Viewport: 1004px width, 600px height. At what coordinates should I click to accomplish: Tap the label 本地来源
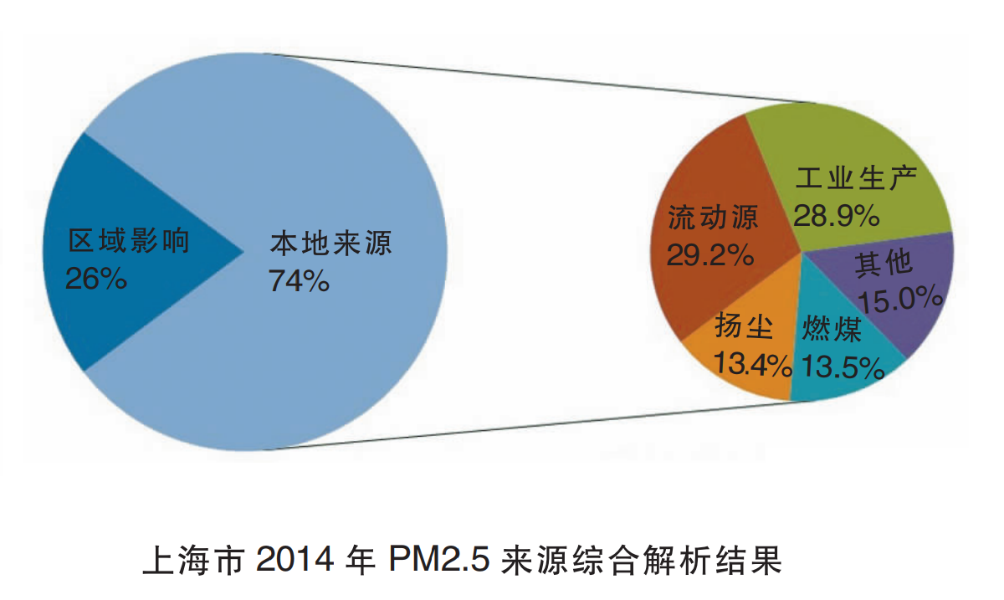(x=330, y=245)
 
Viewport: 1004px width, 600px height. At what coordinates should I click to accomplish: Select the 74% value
(x=299, y=281)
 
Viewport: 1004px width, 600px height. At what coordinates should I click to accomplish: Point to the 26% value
(x=96, y=278)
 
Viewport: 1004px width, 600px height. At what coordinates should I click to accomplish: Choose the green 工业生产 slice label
(x=856, y=179)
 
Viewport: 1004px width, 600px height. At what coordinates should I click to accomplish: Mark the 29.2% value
(x=711, y=255)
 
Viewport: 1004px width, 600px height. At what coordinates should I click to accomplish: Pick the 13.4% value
(x=752, y=365)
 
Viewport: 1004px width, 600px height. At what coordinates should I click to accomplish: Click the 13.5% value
(x=843, y=367)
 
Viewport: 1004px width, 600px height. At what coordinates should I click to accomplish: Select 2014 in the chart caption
(x=294, y=560)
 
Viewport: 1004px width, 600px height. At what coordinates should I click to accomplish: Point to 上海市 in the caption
(x=192, y=560)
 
